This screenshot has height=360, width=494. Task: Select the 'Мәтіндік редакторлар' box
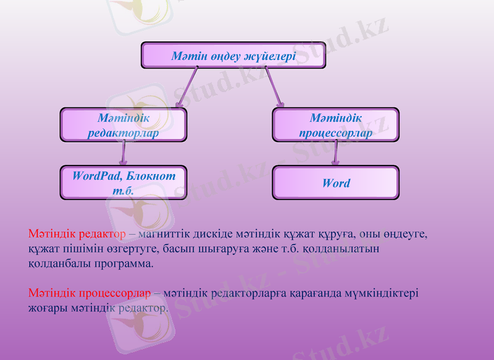pyautogui.click(x=123, y=125)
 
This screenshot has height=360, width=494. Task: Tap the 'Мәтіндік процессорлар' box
pyautogui.click(x=335, y=125)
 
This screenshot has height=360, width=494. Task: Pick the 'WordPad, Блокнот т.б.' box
pyautogui.click(x=123, y=183)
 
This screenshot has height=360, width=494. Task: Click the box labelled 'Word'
pyautogui.click(x=335, y=183)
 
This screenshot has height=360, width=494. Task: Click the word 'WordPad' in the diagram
pyautogui.click(x=96, y=176)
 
